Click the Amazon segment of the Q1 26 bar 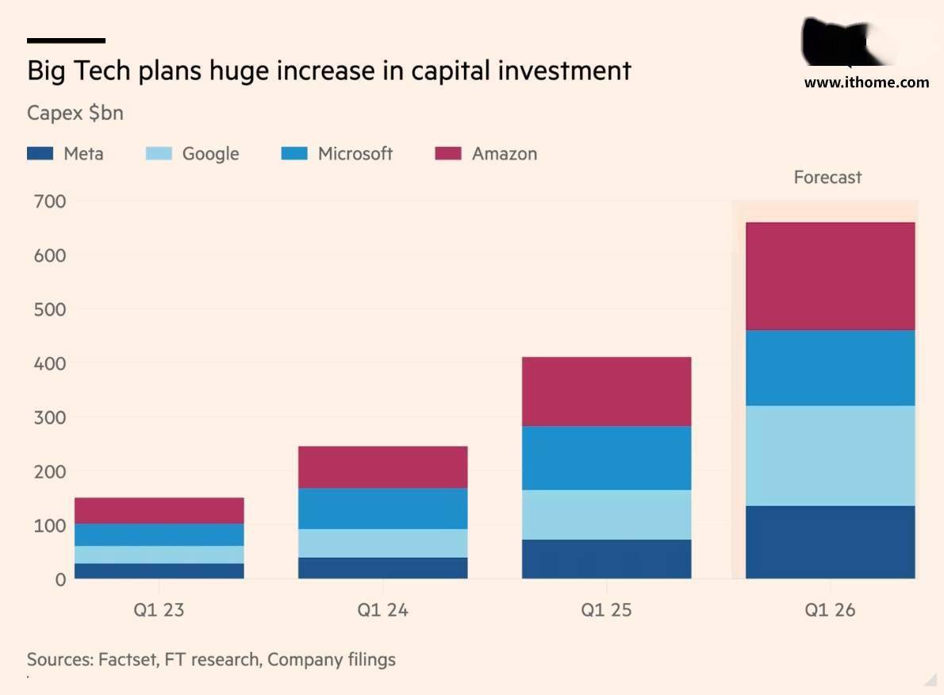point(830,276)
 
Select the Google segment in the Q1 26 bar point(830,455)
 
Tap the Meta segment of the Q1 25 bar point(606,559)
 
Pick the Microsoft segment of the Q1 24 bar point(382,508)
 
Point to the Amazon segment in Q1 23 point(159,510)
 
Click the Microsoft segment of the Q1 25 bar point(606,458)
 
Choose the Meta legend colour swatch point(40,154)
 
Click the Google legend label point(210,154)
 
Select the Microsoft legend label point(355,154)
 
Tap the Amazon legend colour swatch point(447,154)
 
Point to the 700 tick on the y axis point(49,202)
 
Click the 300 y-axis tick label point(49,417)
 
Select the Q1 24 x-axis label point(382,610)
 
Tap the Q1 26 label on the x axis point(830,610)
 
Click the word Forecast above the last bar point(827,178)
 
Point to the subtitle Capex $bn point(75,113)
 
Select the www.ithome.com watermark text point(866,82)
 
